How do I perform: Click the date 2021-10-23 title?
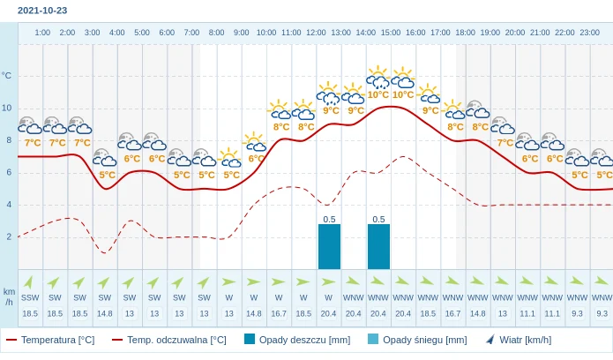pos(42,11)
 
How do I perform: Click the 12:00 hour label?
pos(316,33)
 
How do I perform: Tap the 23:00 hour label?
pos(589,33)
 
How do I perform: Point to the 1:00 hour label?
pos(42,33)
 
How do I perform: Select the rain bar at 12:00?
pos(329,246)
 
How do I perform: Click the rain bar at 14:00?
pos(378,246)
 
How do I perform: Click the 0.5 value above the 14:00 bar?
pos(378,219)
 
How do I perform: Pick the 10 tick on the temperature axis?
pos(7,108)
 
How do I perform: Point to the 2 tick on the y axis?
pos(9,236)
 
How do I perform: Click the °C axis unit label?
pos(7,76)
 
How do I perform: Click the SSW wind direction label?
pos(30,297)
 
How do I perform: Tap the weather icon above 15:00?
pos(403,79)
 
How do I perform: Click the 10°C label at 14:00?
pos(378,94)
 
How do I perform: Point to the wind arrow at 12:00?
pos(329,282)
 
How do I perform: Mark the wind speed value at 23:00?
pos(602,313)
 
